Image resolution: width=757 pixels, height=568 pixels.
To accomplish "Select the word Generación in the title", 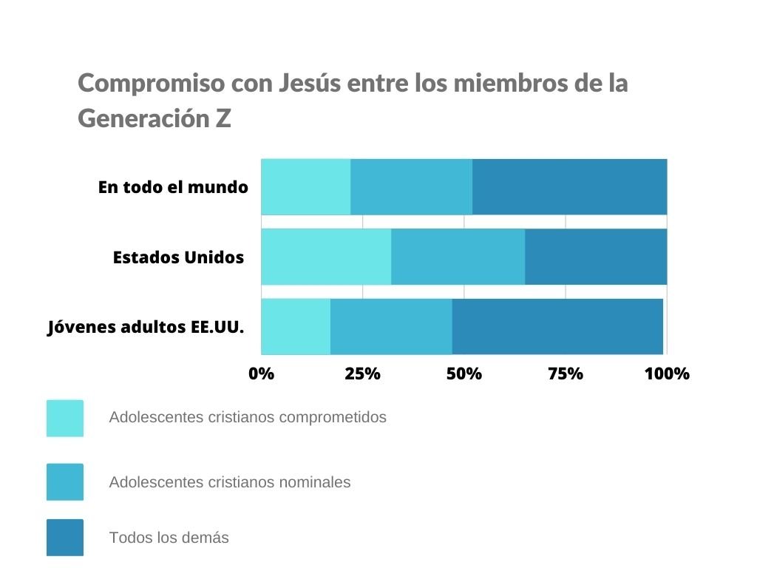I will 143,118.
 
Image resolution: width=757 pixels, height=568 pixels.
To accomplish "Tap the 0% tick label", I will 261,373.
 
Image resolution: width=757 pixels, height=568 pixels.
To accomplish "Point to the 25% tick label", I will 362,373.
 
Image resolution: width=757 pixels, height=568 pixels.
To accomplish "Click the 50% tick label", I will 464,373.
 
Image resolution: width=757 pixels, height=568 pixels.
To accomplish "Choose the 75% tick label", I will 566,373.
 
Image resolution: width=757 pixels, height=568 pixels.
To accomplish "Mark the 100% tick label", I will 667,373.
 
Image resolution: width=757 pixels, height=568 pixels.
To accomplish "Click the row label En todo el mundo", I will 173,187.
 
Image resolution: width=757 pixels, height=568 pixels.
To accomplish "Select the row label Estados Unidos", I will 178,257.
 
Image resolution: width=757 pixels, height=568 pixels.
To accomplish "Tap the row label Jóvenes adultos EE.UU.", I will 146,327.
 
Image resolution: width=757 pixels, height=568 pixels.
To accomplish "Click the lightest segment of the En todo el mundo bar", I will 305,186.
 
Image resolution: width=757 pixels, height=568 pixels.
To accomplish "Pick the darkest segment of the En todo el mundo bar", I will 569,186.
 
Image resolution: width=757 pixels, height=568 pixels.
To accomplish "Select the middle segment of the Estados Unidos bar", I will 458,257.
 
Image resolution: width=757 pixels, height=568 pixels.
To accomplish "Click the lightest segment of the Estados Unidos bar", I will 326,257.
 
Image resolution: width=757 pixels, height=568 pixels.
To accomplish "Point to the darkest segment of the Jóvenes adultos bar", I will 557,326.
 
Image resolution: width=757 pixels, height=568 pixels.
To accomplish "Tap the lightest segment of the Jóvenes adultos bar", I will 296,326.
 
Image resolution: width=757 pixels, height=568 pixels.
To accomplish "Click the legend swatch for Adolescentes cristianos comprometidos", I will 65,418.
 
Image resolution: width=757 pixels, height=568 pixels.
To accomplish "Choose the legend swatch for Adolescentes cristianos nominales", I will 65,482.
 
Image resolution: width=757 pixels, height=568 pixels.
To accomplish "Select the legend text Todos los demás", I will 169,538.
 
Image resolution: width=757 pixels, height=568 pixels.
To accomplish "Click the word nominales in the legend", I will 313,482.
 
